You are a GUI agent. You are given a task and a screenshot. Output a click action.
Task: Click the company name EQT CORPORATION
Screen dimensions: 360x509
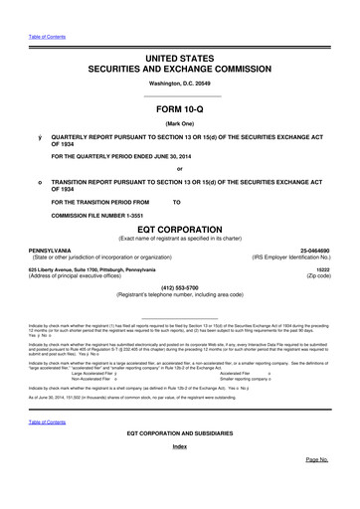pyautogui.click(x=179, y=230)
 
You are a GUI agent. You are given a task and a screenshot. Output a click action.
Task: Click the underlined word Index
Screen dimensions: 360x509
pyautogui.click(x=179, y=474)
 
